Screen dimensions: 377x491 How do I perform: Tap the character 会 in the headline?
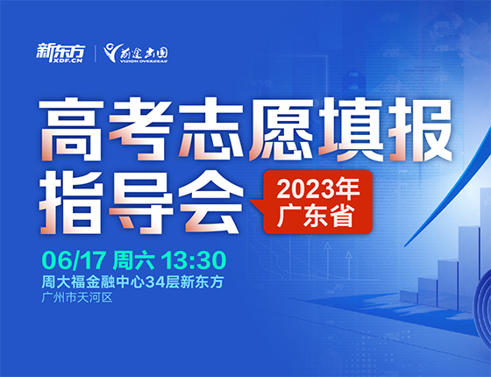pos(207,190)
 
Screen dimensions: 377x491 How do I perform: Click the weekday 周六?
pos(136,260)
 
